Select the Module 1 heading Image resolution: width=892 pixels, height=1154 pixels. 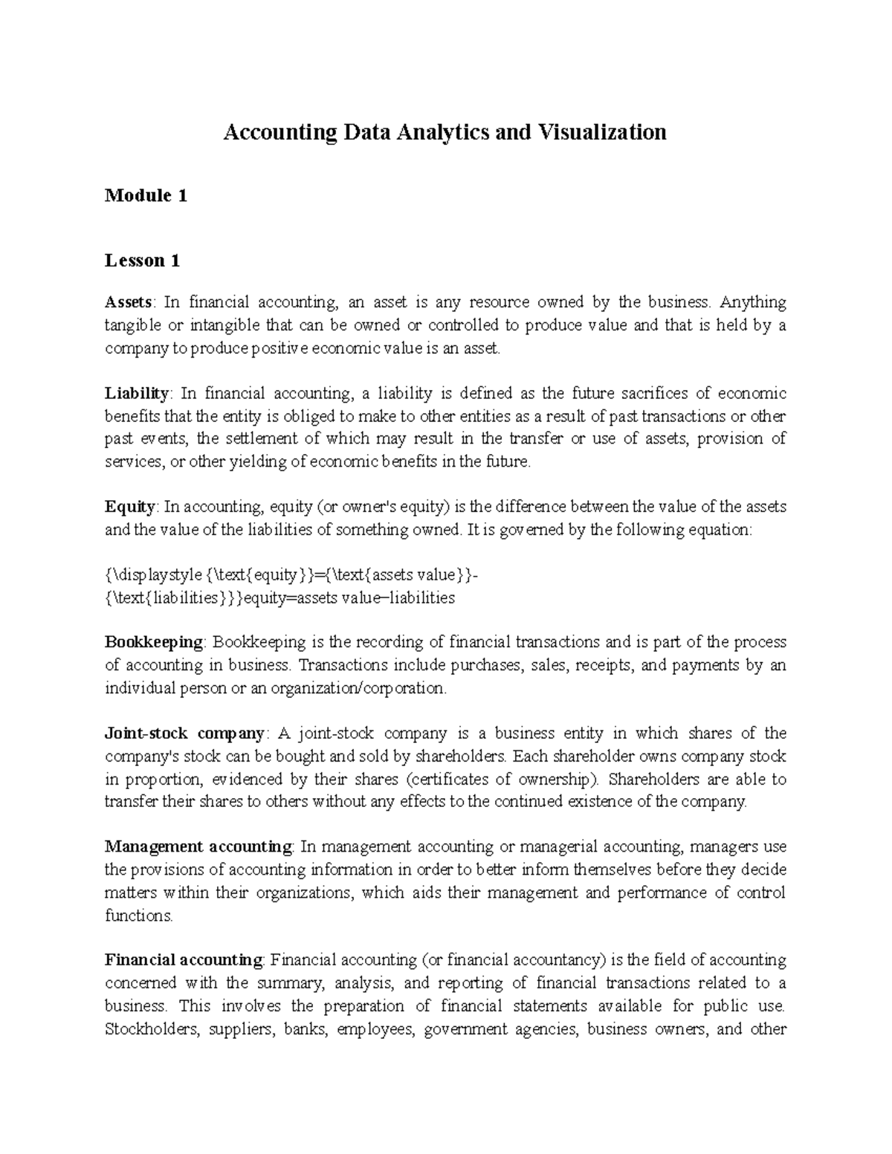tap(146, 196)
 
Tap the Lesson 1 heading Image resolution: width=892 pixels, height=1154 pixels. tap(142, 261)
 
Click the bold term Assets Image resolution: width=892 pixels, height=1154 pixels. tap(129, 302)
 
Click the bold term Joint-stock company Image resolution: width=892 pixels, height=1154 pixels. tap(184, 733)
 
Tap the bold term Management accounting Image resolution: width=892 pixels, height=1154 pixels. tap(198, 846)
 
